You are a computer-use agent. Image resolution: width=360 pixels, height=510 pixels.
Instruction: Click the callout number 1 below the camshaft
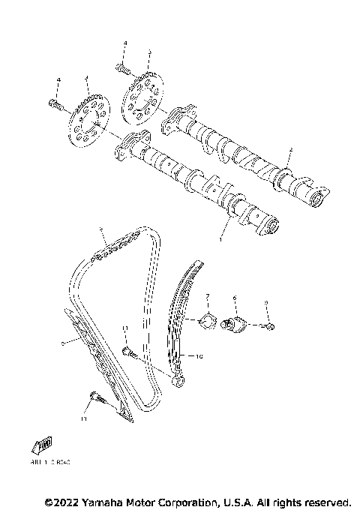[x=221, y=239]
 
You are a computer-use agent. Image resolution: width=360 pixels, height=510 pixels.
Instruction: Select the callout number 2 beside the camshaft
[x=289, y=151]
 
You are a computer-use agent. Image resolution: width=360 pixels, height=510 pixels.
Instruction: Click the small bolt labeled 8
[x=268, y=325]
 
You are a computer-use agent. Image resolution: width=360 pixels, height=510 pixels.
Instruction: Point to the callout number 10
[x=199, y=357]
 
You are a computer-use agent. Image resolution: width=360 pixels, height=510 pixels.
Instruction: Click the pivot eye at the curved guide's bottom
[x=181, y=382]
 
